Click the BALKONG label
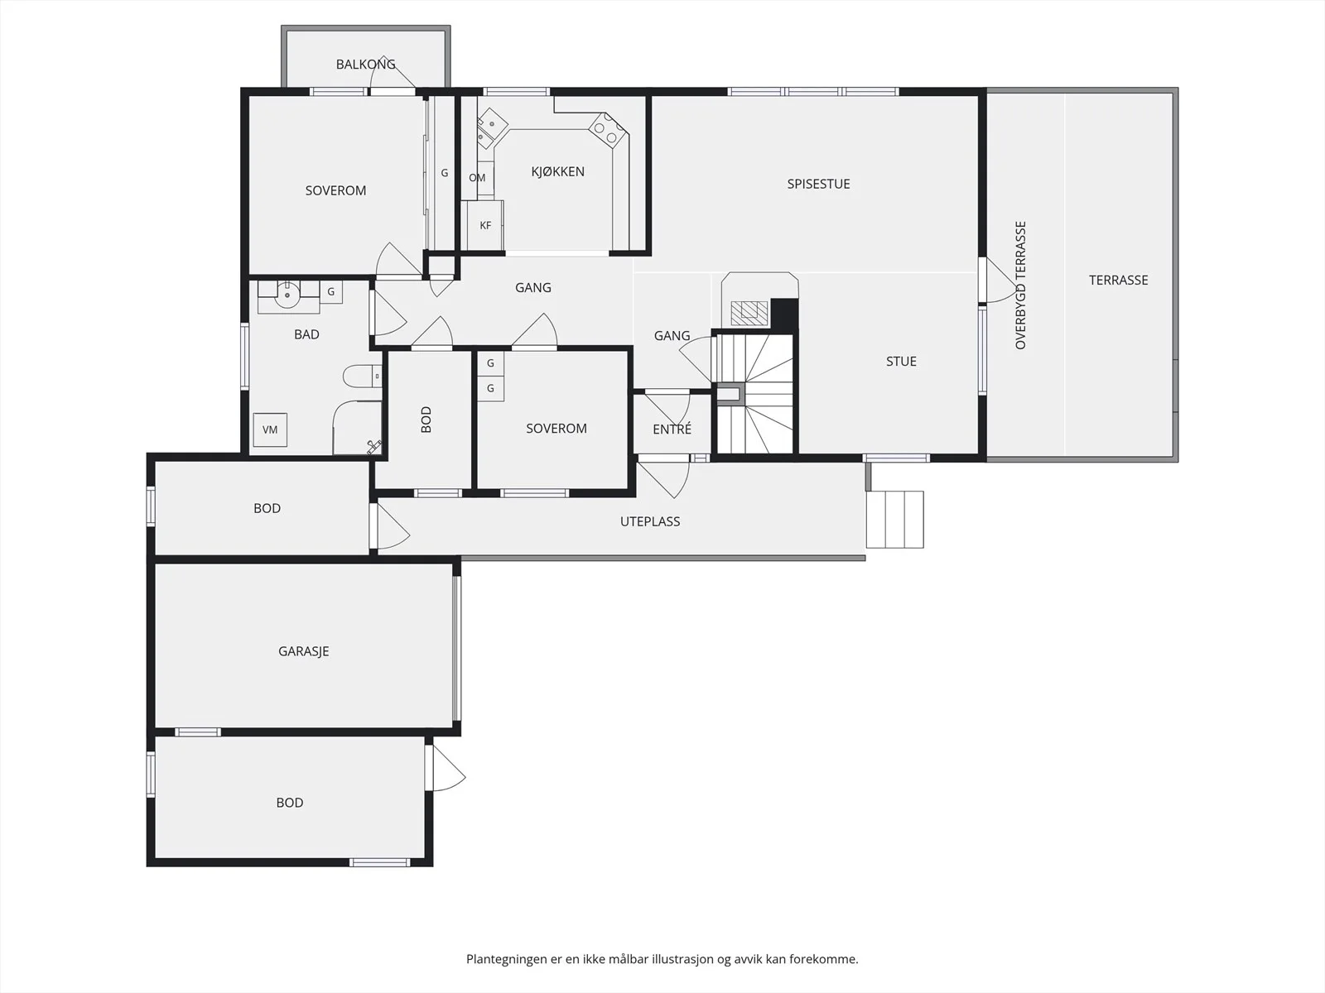coord(365,64)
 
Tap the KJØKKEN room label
coord(558,172)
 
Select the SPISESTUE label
coord(818,184)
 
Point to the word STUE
coord(901,361)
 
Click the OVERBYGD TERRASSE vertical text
coord(1020,285)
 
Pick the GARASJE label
coord(304,651)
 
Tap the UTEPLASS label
coord(650,521)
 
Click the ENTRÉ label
coord(672,429)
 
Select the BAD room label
coord(306,334)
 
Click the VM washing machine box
coord(270,429)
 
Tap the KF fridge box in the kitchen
coord(485,225)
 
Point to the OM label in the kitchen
coord(477,178)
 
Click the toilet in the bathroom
coord(362,377)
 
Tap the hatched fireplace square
coord(749,313)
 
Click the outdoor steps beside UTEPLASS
coord(894,520)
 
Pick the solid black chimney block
coord(784,314)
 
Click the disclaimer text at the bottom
coord(662,958)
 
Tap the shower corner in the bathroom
coord(357,427)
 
